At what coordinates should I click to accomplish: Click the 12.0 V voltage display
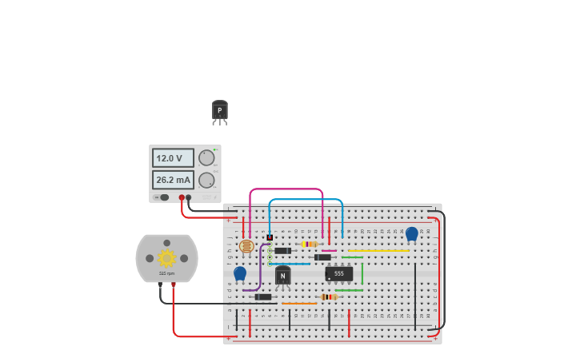[173, 158]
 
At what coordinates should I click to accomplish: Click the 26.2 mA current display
[173, 181]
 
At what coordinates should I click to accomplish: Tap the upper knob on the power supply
[206, 157]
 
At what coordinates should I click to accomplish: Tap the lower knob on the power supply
[206, 180]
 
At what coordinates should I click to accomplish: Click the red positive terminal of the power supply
[182, 197]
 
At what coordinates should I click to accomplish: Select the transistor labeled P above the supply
[219, 111]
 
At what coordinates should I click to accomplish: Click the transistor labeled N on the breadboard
[282, 276]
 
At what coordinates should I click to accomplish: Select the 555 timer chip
[339, 273]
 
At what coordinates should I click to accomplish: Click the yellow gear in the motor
[166, 257]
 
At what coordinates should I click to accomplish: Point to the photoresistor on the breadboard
[246, 246]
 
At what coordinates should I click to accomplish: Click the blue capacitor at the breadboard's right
[411, 233]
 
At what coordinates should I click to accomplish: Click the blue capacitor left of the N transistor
[240, 273]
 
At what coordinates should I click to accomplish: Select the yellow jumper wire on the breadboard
[378, 251]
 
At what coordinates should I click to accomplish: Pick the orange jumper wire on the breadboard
[299, 304]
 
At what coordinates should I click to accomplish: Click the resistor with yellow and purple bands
[308, 244]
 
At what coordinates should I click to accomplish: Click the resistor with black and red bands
[328, 297]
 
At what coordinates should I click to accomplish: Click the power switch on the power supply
[164, 197]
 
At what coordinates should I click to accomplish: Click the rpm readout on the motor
[166, 273]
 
